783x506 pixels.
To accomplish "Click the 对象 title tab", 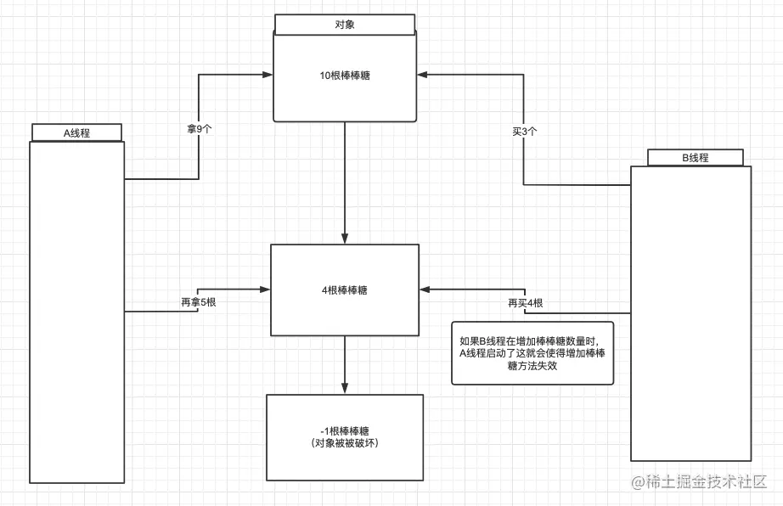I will [345, 25].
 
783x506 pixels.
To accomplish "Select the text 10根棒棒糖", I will [345, 76].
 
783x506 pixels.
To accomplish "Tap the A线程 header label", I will [76, 132].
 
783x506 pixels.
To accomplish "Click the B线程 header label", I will [695, 158].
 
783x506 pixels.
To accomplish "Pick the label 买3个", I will [525, 132].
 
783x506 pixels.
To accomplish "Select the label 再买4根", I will [526, 303].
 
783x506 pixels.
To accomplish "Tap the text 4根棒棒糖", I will [345, 290].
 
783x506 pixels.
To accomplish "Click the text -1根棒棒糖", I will [345, 430].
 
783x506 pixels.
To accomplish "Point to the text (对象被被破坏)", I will [345, 444].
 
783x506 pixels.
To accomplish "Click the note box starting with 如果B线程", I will [532, 353].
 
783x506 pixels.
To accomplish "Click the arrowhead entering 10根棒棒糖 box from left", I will [268, 75].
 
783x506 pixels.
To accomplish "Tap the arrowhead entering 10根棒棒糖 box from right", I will [424, 75].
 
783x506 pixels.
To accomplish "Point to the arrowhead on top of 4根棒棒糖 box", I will [345, 239].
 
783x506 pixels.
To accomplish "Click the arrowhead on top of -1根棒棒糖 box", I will [345, 389].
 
